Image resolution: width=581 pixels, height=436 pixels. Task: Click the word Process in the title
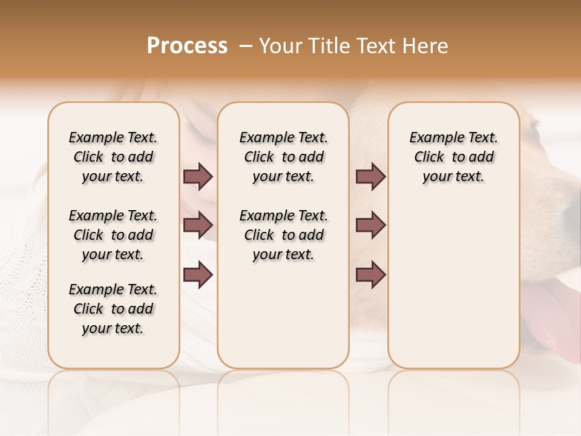coord(187,46)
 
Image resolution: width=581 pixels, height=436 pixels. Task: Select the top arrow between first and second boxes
coord(198,177)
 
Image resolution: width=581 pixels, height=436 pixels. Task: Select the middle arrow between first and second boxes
coord(198,225)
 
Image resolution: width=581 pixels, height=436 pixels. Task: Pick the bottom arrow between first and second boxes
coord(198,274)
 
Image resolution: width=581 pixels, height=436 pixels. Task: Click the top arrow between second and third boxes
coord(370,177)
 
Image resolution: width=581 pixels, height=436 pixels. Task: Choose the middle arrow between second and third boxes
coord(370,225)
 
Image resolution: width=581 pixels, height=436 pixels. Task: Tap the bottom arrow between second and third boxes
coord(370,274)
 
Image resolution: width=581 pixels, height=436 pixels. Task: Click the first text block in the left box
coord(113,157)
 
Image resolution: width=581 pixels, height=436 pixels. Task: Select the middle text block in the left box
coord(113,235)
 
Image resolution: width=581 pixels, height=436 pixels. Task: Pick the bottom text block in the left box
coord(113,309)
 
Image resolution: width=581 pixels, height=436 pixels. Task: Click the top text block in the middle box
coord(283,157)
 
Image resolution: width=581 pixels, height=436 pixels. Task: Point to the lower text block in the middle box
coord(283,235)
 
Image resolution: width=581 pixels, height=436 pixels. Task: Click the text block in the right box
coord(453,157)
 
